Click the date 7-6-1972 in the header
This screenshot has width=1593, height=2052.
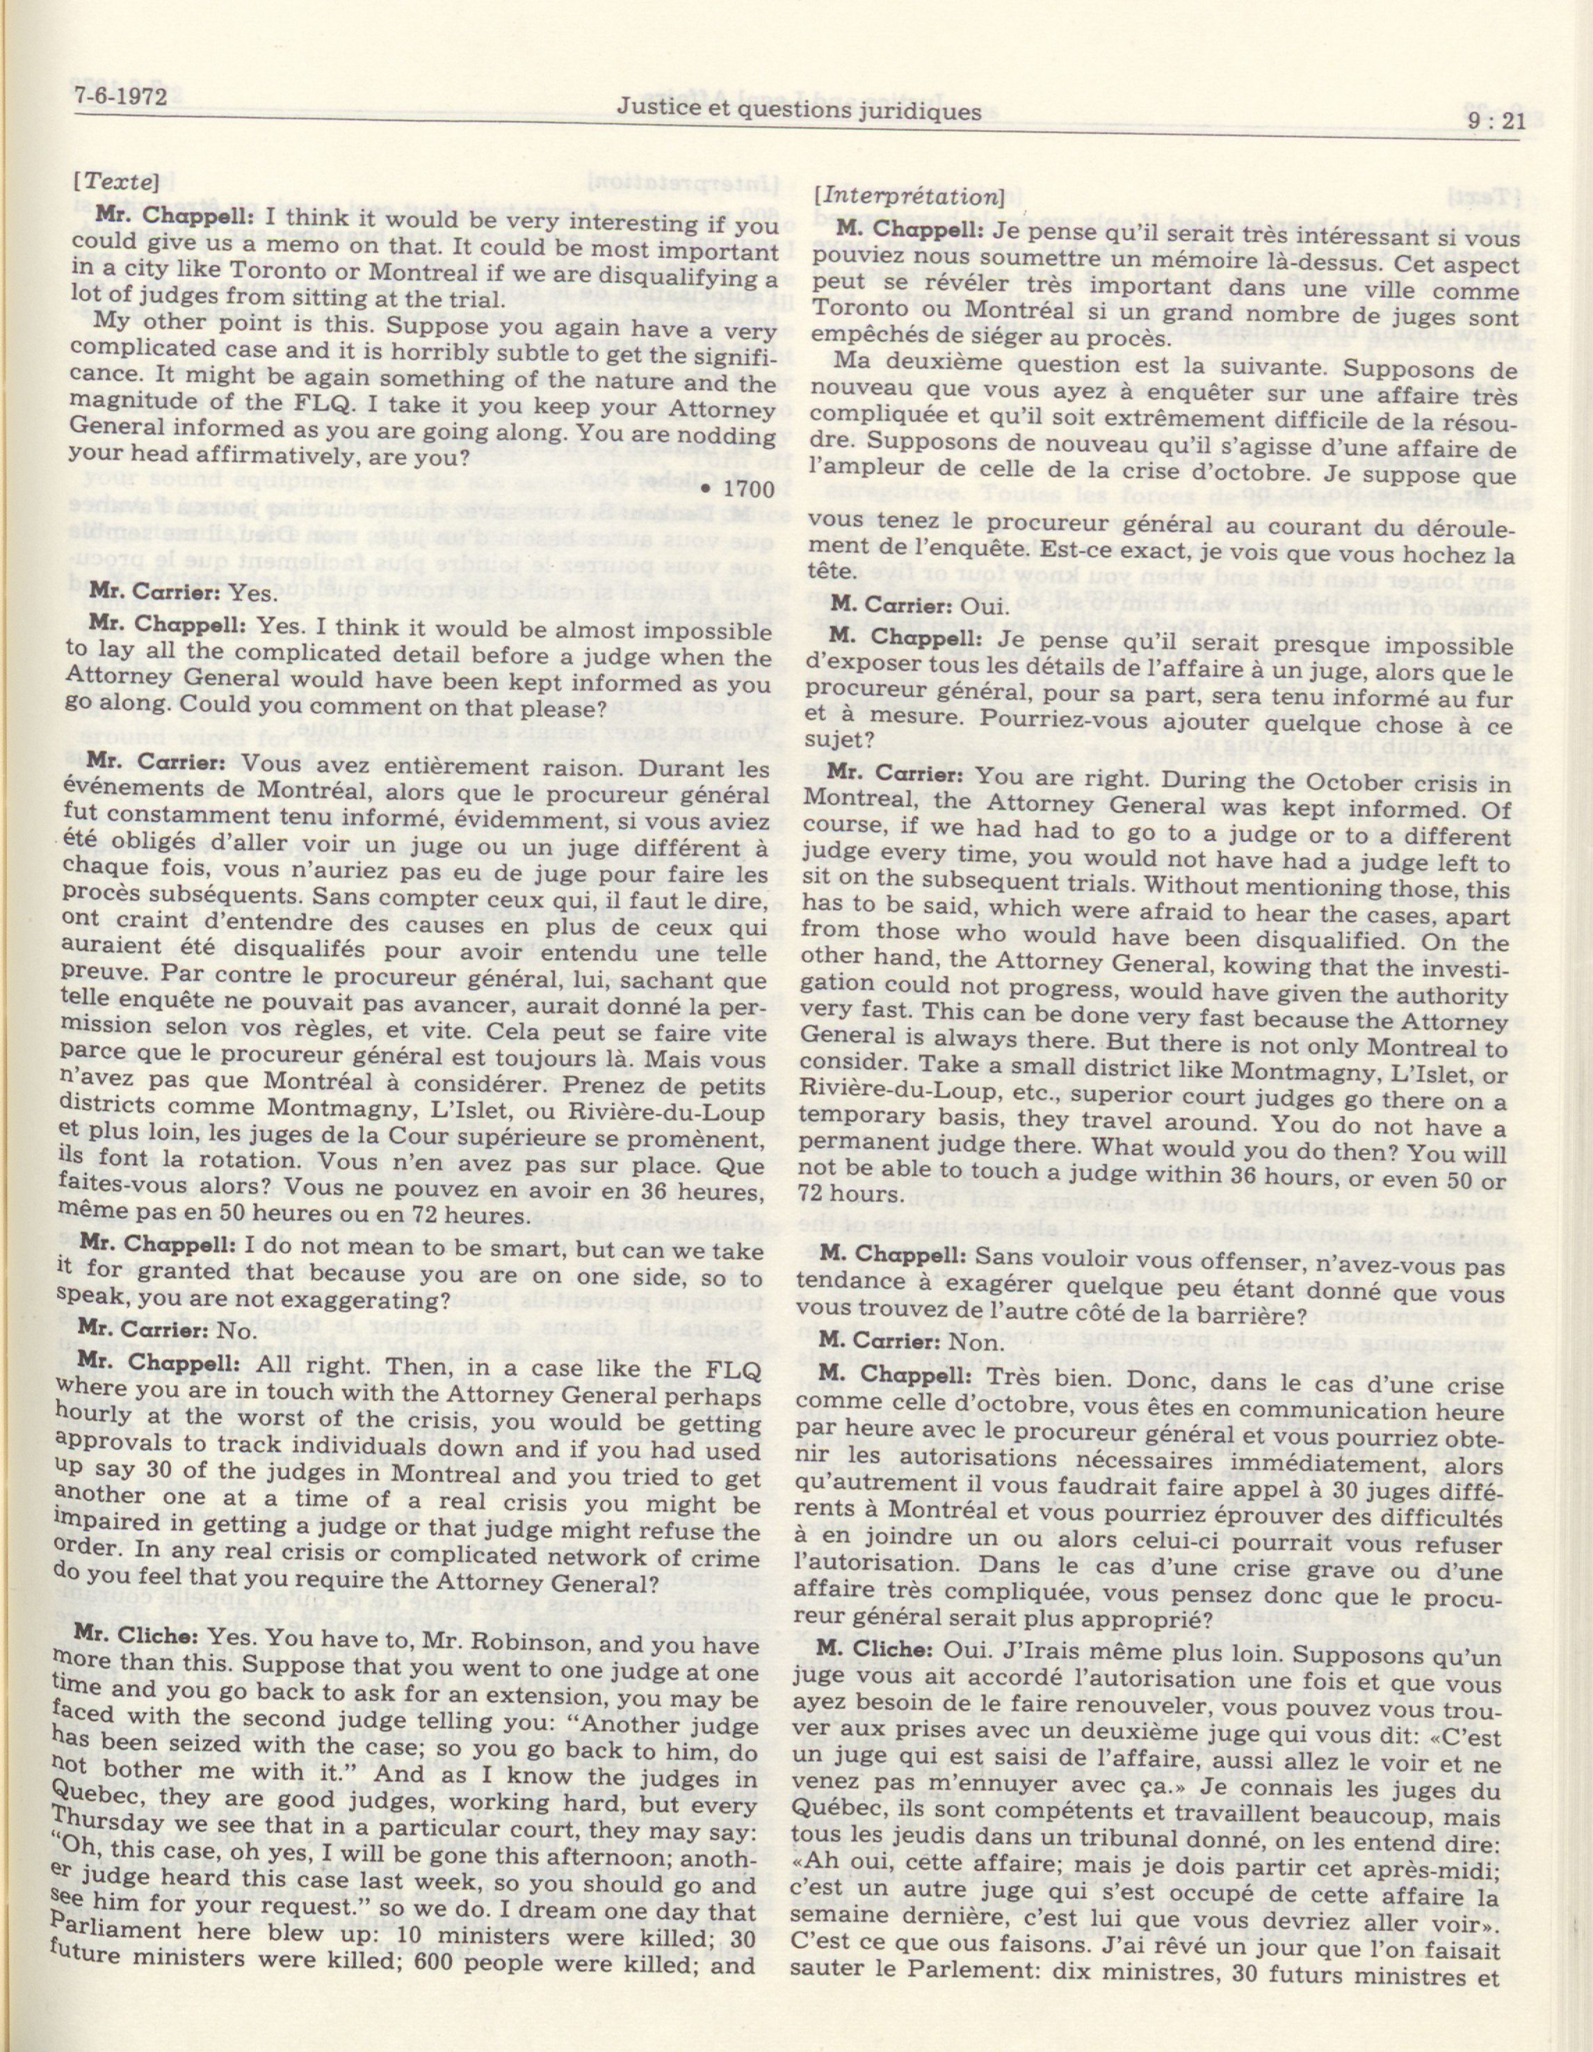(x=115, y=97)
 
